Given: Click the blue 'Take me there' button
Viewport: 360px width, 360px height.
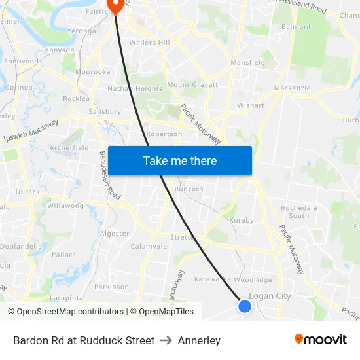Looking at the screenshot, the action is (180, 160).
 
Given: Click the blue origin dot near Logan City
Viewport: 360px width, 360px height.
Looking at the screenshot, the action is (245, 306).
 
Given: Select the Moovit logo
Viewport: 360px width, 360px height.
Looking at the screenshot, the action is (321, 340).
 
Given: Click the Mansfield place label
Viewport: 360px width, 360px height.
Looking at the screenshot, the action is (247, 63).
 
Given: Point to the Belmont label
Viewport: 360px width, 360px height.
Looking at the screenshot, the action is (296, 27).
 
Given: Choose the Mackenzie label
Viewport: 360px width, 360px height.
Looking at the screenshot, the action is (292, 88).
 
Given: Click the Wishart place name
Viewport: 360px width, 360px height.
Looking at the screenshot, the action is (251, 105).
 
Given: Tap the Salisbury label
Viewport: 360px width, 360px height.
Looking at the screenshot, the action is (105, 112).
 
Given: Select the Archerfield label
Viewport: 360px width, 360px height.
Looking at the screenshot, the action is (69, 148).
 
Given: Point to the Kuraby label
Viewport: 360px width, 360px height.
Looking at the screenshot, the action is (242, 221).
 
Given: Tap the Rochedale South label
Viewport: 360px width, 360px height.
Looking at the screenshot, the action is (298, 211).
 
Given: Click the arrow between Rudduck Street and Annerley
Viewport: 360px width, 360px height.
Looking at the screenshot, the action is (166, 340).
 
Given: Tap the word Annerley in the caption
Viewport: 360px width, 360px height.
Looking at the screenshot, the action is (199, 340).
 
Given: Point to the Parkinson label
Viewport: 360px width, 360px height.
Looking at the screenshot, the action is (111, 287).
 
